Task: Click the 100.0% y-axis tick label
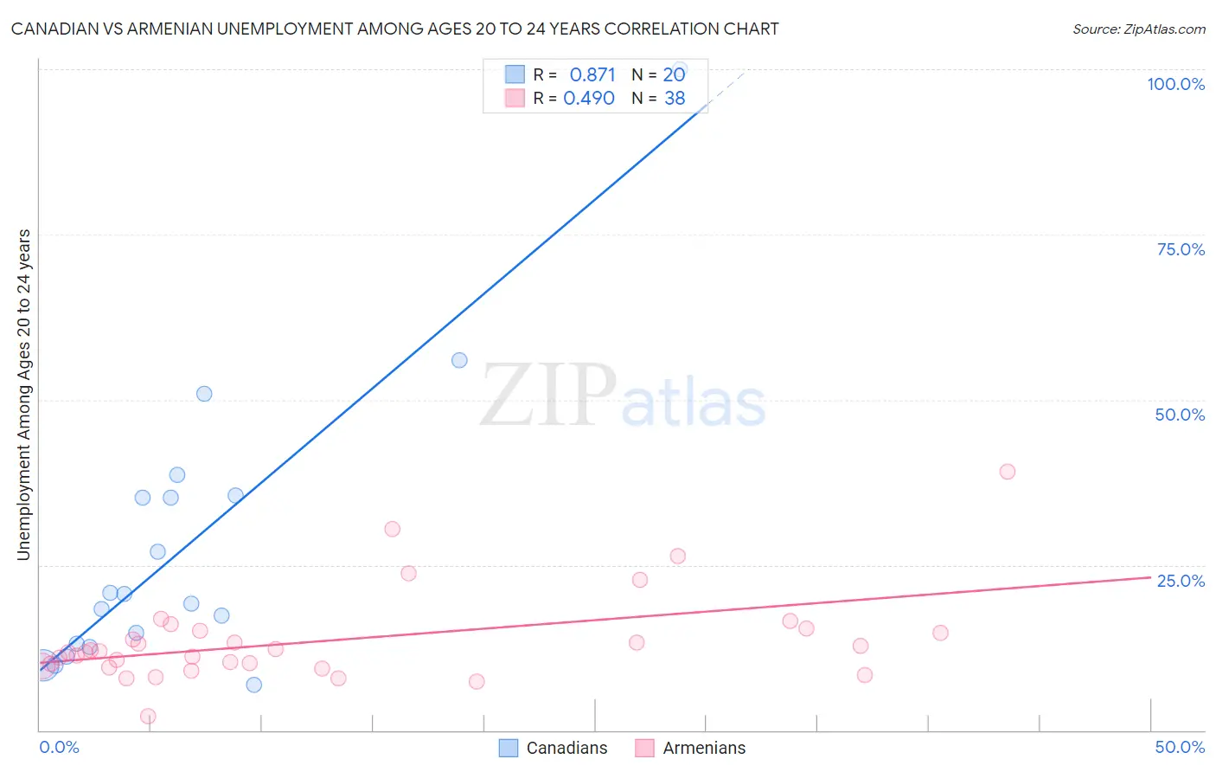[x=1175, y=84]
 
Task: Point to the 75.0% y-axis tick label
[x=1181, y=249]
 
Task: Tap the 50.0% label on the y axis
[x=1180, y=415]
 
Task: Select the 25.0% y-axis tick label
[x=1181, y=581]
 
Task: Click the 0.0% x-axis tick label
[x=59, y=747]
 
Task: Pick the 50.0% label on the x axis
[x=1180, y=747]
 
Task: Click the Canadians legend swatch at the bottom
[x=509, y=748]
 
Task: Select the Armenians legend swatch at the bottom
[x=644, y=748]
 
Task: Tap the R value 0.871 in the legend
[x=592, y=75]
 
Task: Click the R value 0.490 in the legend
[x=589, y=99]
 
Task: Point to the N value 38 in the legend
[x=675, y=99]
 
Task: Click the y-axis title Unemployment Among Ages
[x=24, y=395]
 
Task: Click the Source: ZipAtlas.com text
[x=1138, y=29]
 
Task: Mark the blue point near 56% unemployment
[x=459, y=360]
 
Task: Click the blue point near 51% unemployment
[x=204, y=394]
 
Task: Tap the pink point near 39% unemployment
[x=1007, y=472]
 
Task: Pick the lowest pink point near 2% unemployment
[x=148, y=716]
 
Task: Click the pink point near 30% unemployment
[x=392, y=529]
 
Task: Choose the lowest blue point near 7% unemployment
[x=253, y=685]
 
